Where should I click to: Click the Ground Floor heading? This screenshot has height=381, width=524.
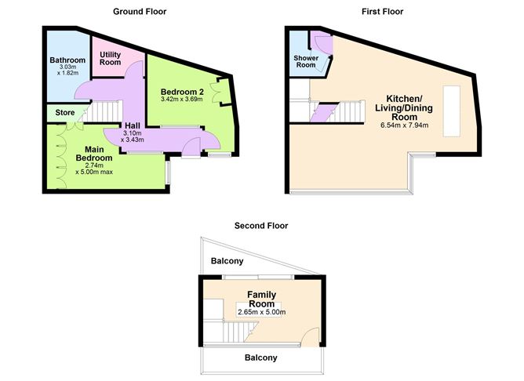click(x=140, y=12)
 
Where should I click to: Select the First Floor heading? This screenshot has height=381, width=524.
click(x=382, y=12)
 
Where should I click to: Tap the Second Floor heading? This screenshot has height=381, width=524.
click(x=261, y=226)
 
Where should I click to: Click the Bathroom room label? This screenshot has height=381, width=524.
click(x=67, y=60)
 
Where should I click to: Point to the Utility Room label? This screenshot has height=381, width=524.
click(x=111, y=59)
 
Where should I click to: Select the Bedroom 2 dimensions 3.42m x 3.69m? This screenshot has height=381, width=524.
click(x=182, y=100)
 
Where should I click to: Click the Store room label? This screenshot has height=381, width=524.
click(x=65, y=113)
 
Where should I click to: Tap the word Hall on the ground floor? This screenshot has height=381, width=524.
click(x=133, y=126)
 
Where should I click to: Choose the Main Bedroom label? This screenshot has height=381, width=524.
click(x=94, y=154)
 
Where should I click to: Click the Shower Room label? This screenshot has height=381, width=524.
click(x=306, y=61)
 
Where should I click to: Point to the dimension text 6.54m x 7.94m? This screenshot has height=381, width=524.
click(x=404, y=125)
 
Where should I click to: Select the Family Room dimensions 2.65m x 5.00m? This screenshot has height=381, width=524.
click(x=262, y=313)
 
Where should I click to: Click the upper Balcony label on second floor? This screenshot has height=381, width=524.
click(x=227, y=261)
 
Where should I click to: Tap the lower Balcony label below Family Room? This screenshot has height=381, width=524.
click(x=261, y=357)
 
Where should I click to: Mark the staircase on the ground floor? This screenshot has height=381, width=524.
click(x=101, y=112)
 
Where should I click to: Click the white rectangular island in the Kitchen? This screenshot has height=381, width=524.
click(x=452, y=111)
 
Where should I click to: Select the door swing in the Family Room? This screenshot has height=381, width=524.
click(x=310, y=336)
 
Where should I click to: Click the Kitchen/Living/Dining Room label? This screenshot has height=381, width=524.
click(x=404, y=108)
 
